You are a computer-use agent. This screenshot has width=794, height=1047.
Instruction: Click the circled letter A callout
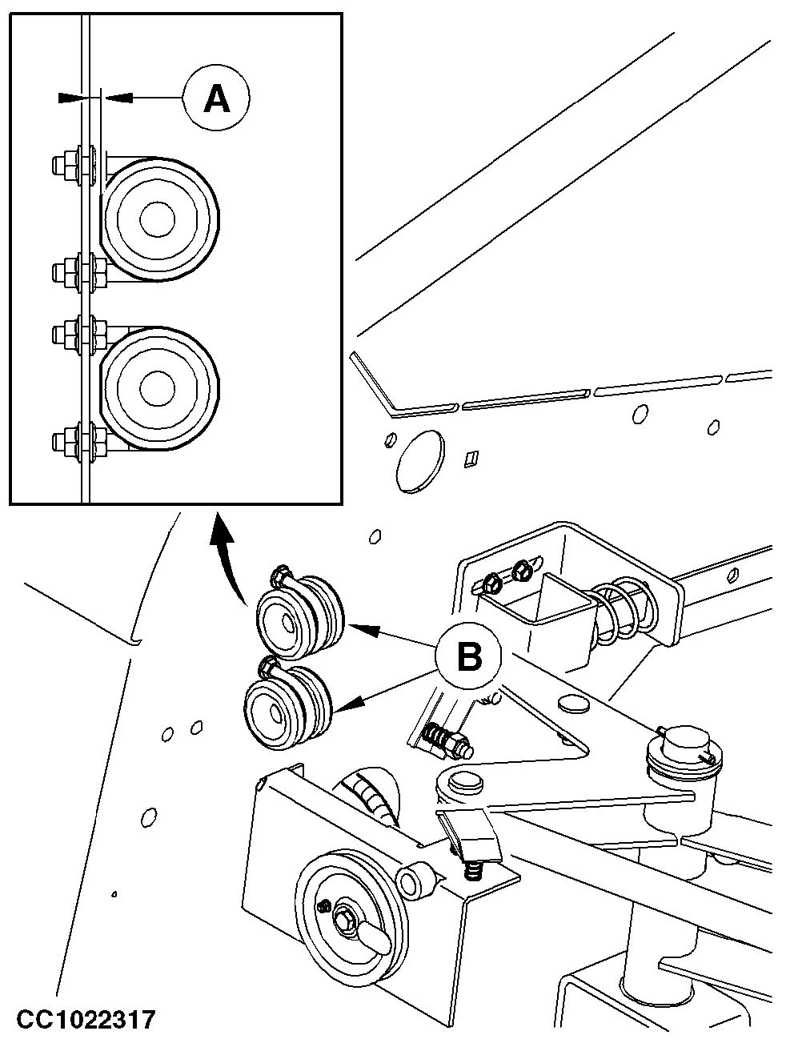216,98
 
